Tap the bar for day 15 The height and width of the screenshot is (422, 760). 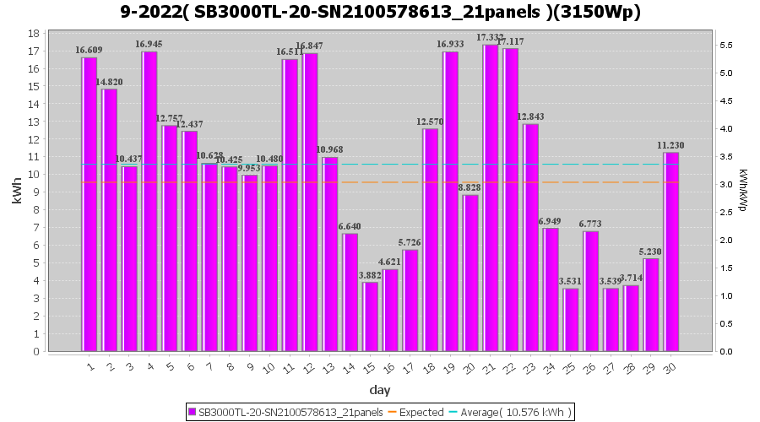[370, 316]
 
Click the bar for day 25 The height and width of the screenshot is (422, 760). [571, 320]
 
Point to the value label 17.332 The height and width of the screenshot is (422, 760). [491, 38]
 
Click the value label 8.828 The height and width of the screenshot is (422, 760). [470, 188]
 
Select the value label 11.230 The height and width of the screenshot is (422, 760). [671, 145]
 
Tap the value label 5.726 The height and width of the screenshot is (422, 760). [410, 243]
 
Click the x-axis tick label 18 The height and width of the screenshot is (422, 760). [430, 368]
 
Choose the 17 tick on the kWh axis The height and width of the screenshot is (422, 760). [35, 51]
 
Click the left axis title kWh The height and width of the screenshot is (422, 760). [17, 192]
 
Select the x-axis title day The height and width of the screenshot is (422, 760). [379, 390]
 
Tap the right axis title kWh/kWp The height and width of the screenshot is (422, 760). [742, 191]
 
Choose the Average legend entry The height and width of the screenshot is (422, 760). [510, 412]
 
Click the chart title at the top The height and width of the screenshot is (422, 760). [379, 12]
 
